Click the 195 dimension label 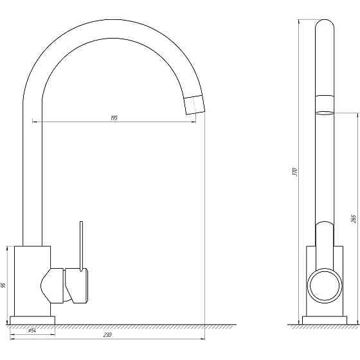(x=114, y=118)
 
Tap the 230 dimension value (x=107, y=334)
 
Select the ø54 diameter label (x=32, y=330)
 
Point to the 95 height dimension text (x=3, y=285)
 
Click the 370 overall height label (x=295, y=172)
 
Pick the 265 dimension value (x=354, y=219)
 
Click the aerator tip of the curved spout (x=194, y=105)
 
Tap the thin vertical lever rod (x=81, y=246)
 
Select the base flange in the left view (x=32, y=320)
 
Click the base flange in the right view (x=325, y=320)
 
